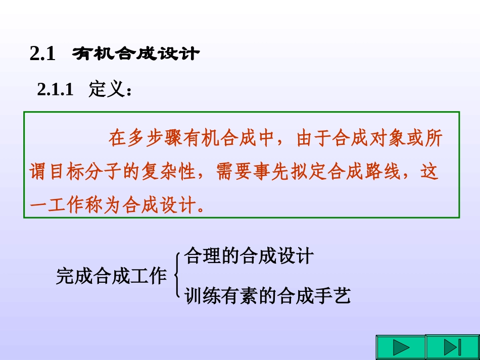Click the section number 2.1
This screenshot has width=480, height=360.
click(x=42, y=54)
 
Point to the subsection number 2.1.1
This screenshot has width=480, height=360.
click(x=56, y=90)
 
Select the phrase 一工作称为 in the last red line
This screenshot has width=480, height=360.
click(x=69, y=206)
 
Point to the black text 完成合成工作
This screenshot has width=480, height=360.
click(x=111, y=276)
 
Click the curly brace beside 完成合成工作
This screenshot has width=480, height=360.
click(x=177, y=276)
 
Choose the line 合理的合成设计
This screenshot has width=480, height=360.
click(x=248, y=256)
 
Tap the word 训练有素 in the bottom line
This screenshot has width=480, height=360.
click(x=222, y=295)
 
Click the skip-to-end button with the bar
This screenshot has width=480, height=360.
click(x=452, y=347)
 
